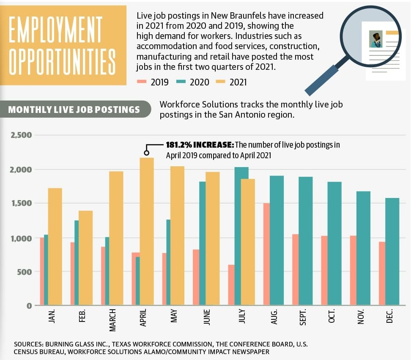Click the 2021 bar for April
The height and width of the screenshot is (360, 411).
(147, 231)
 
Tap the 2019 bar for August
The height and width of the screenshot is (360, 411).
(266, 254)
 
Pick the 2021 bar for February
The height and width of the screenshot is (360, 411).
(85, 258)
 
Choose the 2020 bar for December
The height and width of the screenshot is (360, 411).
(392, 251)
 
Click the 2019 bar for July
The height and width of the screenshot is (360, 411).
(231, 285)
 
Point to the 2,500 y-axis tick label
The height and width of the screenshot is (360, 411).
(21, 135)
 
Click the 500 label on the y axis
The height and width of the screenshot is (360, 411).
(25, 272)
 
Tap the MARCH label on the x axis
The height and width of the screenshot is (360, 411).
(112, 320)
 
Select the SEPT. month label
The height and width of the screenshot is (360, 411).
(303, 317)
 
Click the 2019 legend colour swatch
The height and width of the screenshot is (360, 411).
(142, 82)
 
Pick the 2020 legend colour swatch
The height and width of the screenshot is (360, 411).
(181, 82)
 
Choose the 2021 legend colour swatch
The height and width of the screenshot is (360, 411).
(220, 82)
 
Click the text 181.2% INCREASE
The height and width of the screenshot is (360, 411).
(200, 145)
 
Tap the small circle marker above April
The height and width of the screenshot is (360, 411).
(147, 153)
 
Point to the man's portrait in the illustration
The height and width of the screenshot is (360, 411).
(376, 39)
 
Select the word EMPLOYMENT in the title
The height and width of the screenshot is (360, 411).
(55, 29)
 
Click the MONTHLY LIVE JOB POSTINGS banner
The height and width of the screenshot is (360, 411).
(76, 109)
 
